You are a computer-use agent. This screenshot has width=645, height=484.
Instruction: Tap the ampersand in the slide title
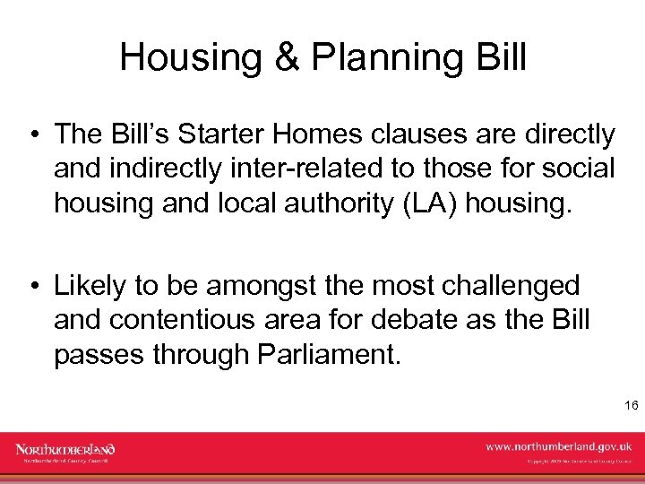tap(285, 57)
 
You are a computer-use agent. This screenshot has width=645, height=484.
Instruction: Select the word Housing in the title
tap(191, 57)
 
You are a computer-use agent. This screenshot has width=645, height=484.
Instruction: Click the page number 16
tap(631, 406)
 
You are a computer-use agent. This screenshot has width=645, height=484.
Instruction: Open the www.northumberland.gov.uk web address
tap(558, 445)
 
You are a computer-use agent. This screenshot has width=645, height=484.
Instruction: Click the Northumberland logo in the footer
tap(64, 451)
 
